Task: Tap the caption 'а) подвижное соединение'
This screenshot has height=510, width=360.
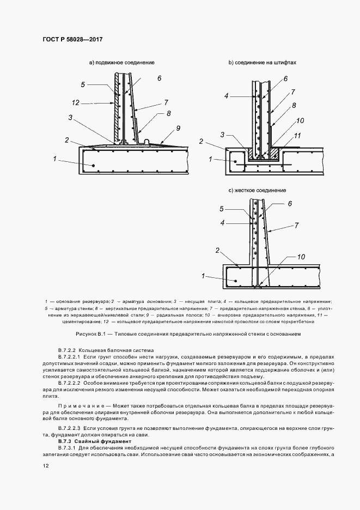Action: pos(121,63)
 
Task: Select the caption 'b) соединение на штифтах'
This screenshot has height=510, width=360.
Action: pos(262,63)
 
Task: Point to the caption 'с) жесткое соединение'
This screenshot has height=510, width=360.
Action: pos(258,190)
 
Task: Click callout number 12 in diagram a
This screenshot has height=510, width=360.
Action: pos(76,102)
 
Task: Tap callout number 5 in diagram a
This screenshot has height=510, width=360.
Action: pos(83,84)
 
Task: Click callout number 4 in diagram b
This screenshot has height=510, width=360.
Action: pos(225,96)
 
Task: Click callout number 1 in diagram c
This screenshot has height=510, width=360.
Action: pos(203,277)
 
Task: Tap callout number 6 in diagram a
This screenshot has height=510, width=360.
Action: pos(159,78)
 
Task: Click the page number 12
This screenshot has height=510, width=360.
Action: pos(46,466)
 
